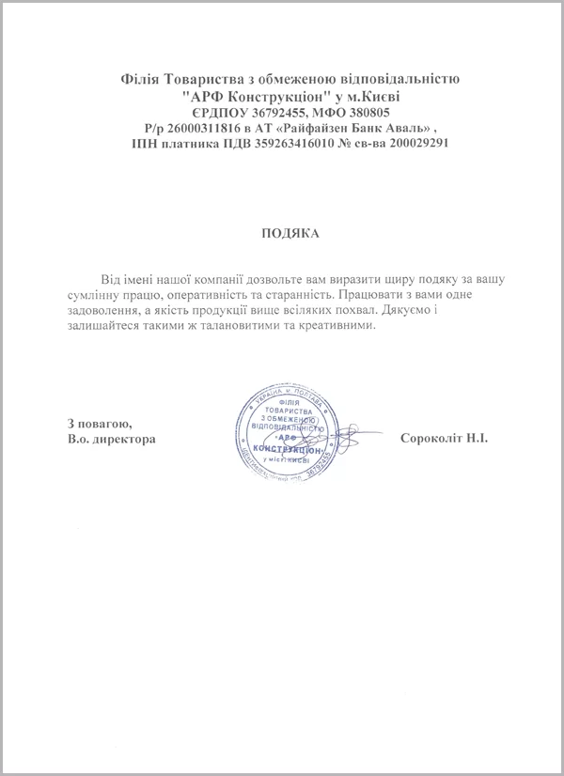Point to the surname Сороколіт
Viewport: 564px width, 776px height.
pos(428,439)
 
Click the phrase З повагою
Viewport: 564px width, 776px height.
pos(101,423)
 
